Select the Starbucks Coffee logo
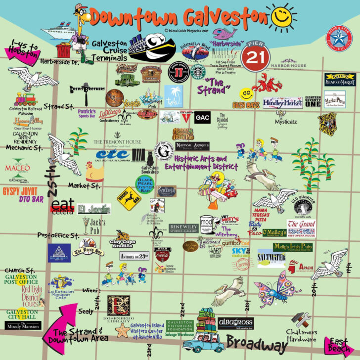(x=198, y=71)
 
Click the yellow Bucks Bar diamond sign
(x=129, y=198)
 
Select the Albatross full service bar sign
(x=236, y=323)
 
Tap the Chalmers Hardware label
(x=301, y=336)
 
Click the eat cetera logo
(x=62, y=206)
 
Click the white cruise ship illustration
(x=60, y=30)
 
